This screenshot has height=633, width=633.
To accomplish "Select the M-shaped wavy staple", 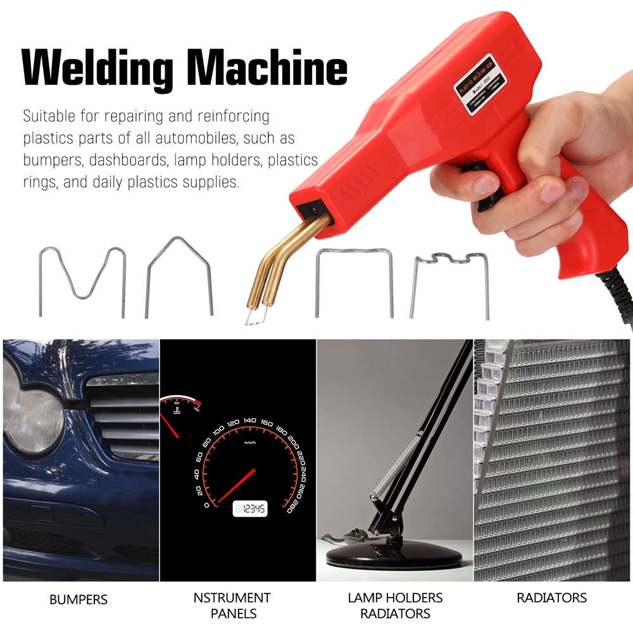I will [x=82, y=279].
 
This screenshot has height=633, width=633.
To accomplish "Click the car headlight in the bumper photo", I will [x=32, y=418].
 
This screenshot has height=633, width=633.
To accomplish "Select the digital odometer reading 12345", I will [x=250, y=508].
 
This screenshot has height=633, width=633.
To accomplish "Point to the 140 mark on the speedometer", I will [x=250, y=420].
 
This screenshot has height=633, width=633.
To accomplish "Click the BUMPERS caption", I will [x=78, y=599].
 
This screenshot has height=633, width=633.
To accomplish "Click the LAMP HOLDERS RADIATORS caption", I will [x=395, y=605].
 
